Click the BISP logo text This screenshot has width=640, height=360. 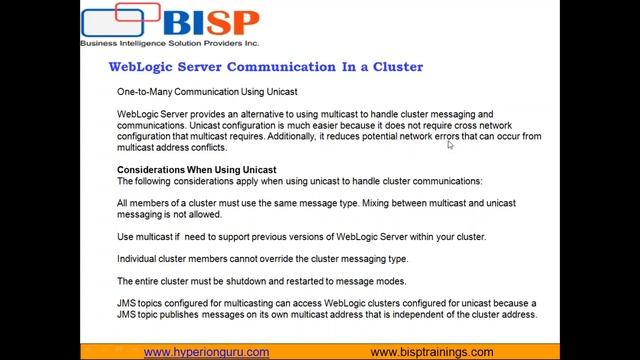tap(211, 23)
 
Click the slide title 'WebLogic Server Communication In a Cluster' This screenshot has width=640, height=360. tap(265, 67)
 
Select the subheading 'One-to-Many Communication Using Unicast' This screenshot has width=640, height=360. tap(206, 92)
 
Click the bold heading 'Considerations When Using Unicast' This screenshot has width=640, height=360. tap(196, 170)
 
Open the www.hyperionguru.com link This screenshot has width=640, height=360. tap(206, 352)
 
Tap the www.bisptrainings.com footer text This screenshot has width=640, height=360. tap(431, 352)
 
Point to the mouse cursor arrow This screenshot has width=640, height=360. tap(450, 145)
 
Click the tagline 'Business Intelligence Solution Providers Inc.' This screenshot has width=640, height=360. tap(169, 44)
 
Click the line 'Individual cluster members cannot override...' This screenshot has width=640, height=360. tap(262, 259)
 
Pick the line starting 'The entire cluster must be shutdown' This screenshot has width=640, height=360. tap(261, 281)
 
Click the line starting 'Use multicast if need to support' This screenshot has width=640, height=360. tap(301, 237)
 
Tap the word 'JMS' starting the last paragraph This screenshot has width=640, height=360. tap(126, 303)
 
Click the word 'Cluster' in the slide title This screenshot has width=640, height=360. tap(398, 67)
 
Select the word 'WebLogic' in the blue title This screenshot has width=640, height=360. tap(135, 67)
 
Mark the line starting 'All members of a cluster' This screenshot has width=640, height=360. tap(316, 203)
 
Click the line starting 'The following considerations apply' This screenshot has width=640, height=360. tap(299, 181)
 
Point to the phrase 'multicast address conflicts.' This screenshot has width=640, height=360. tap(171, 147)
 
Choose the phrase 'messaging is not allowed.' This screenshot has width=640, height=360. tap(169, 214)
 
